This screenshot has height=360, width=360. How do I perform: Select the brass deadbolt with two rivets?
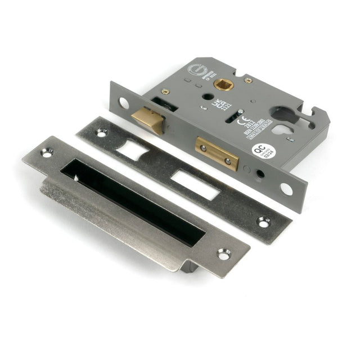[x=217, y=152]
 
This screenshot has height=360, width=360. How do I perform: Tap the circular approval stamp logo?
[x=195, y=73]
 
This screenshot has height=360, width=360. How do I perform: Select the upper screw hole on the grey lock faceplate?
[x=123, y=102]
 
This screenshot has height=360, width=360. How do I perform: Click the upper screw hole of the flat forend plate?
[x=101, y=133]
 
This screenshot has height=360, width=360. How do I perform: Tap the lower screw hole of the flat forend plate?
[x=263, y=221]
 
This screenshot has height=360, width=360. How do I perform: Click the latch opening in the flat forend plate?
[x=134, y=149]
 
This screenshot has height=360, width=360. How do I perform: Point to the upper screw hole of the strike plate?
[x=46, y=151]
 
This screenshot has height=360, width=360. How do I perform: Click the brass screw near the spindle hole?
[x=248, y=80]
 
